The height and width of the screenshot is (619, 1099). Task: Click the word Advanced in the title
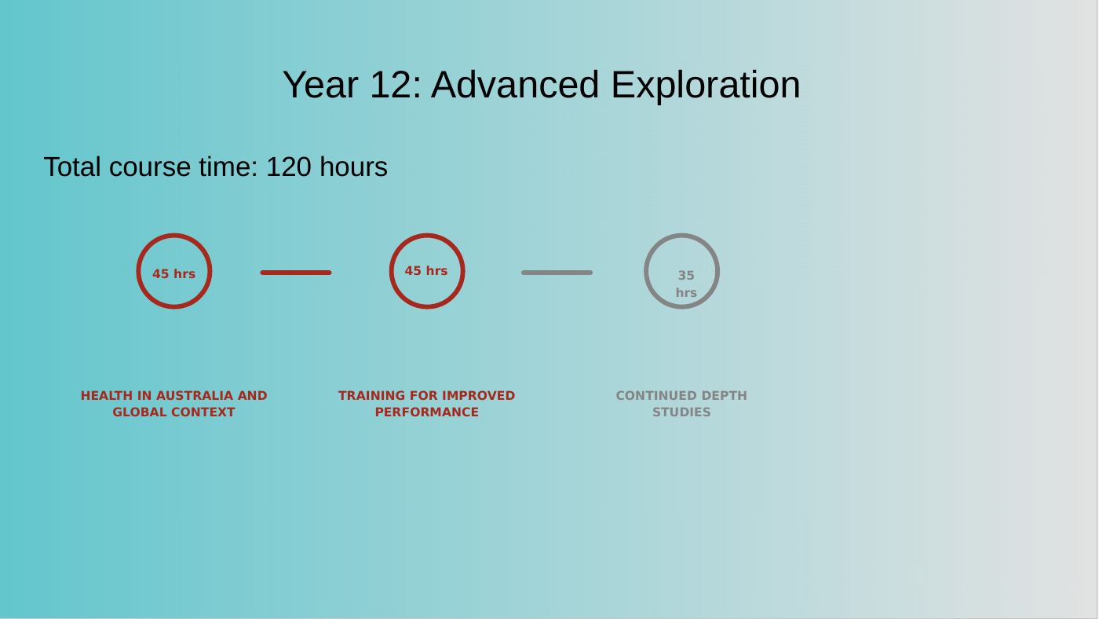click(515, 84)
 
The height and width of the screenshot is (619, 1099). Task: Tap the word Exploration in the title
click(706, 86)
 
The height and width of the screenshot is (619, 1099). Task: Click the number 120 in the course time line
click(289, 167)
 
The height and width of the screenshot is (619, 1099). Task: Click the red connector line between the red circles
click(296, 273)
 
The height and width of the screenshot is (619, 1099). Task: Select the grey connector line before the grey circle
click(557, 273)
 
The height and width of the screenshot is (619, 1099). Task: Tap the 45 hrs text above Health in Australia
click(173, 274)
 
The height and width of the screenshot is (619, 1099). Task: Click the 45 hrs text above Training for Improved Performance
click(425, 270)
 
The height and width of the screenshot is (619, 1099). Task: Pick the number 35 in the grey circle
click(686, 276)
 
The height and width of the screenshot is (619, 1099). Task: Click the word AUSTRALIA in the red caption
click(195, 396)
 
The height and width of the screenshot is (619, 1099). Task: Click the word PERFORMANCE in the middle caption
click(427, 412)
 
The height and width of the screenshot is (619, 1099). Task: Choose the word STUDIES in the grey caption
click(681, 412)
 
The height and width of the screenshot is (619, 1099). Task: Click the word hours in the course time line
click(353, 167)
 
